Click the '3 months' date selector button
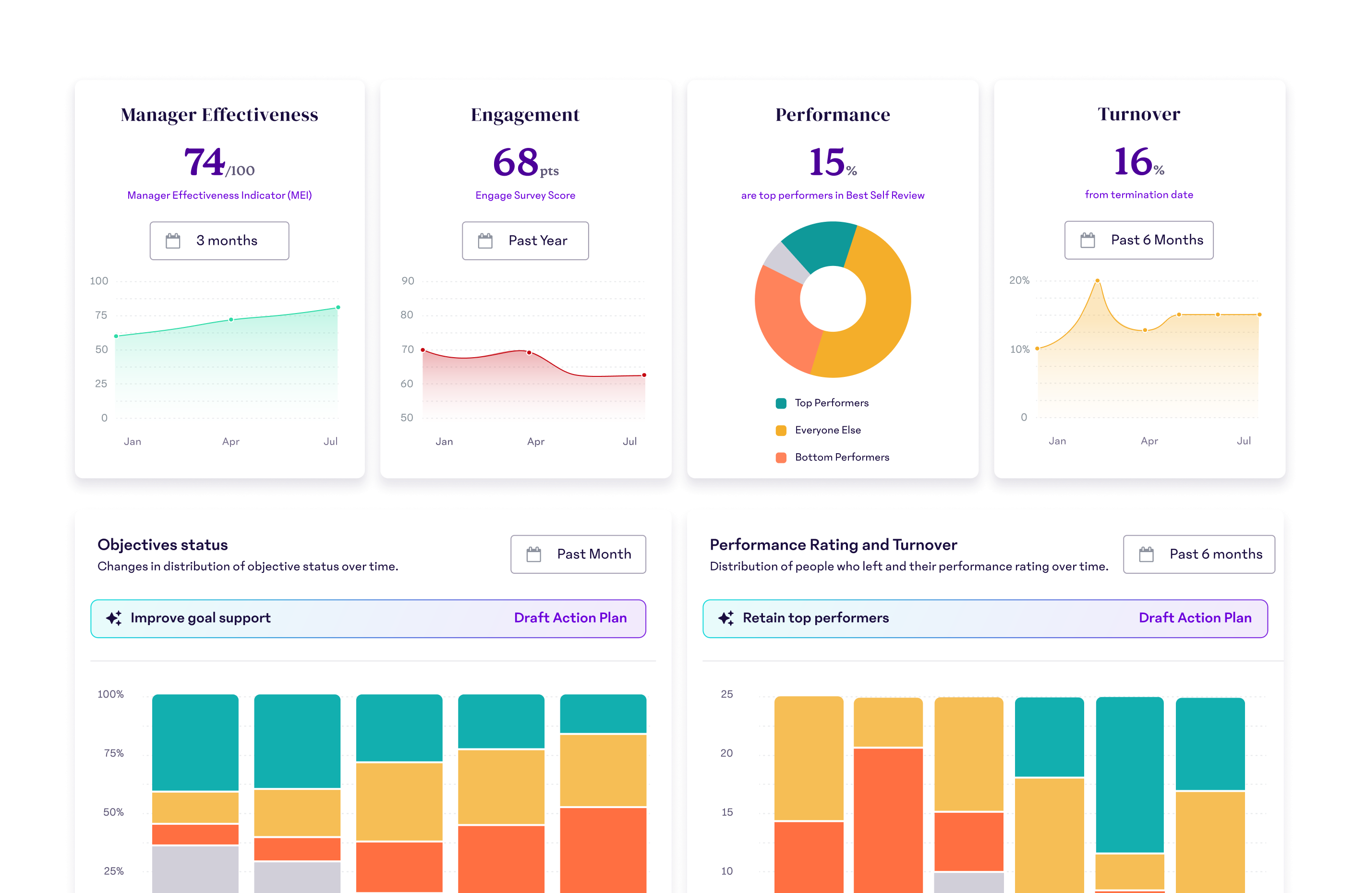219,241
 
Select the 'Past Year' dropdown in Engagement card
525,241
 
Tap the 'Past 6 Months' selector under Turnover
1139,241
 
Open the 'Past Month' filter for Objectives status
578,554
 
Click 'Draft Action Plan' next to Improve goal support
570,618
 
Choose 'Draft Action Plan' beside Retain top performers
1195,618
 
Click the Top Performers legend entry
831,403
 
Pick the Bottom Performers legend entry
841,458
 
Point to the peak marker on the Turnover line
1097,281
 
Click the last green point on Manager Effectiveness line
338,308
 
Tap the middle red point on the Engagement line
529,352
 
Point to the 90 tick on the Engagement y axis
408,281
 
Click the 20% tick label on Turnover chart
1019,280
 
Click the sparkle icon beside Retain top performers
726,618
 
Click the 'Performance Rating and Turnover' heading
833,545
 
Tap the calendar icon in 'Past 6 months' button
1146,554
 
